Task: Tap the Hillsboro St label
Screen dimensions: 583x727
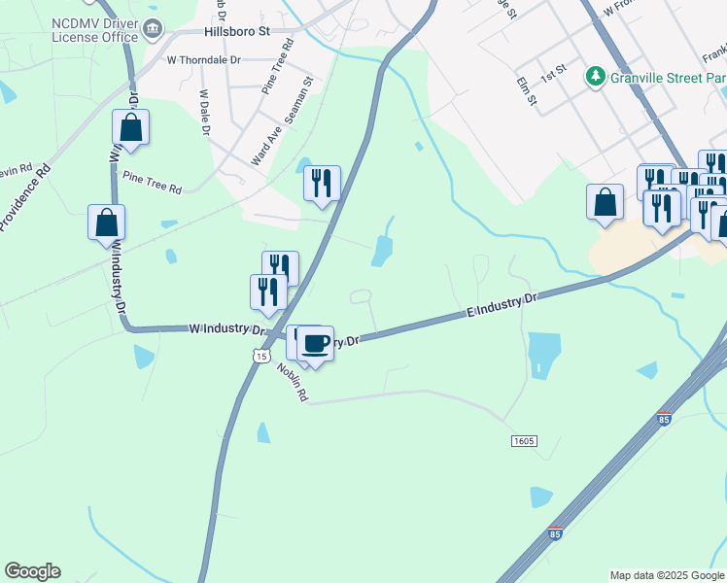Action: (236, 31)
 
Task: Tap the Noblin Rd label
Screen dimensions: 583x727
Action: (292, 382)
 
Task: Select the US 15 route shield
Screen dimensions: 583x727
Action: (260, 357)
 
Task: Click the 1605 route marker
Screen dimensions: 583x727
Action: (523, 441)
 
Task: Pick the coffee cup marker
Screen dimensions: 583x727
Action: (315, 343)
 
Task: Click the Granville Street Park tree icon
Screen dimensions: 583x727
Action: (593, 76)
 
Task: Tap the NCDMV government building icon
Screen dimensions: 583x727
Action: (154, 29)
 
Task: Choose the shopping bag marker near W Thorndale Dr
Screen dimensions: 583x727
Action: (130, 127)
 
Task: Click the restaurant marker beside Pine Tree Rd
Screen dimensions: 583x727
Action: (322, 182)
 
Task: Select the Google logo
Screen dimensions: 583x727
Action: (32, 571)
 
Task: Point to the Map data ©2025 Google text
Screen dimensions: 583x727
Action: (666, 575)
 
